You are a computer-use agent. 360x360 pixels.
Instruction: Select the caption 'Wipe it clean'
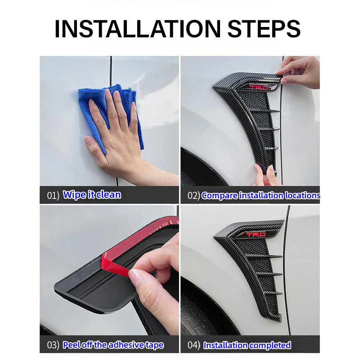pos(92,195)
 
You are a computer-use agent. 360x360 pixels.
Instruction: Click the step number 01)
pos(53,195)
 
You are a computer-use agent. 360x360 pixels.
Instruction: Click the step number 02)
pos(193,195)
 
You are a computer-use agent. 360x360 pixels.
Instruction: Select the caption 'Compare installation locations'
pos(261,195)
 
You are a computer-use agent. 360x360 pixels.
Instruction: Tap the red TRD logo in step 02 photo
pos(258,87)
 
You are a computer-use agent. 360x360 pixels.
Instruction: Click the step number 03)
pos(53,345)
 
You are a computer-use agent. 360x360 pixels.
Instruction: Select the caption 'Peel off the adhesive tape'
pos(113,345)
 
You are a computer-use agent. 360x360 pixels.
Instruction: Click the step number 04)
pos(194,345)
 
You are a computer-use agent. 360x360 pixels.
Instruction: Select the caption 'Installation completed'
pos(247,345)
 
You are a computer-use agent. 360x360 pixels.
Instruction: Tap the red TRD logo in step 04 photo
pos(256,234)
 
